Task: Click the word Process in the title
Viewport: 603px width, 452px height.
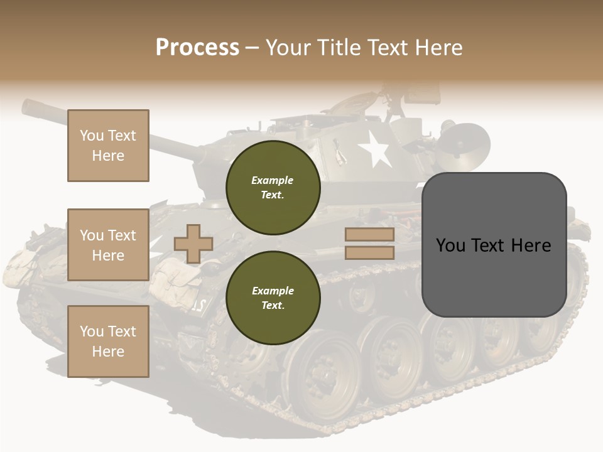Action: click(197, 48)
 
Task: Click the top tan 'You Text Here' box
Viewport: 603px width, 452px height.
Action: click(108, 146)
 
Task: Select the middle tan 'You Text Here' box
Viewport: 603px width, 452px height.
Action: click(108, 245)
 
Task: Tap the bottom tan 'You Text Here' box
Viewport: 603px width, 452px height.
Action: click(108, 342)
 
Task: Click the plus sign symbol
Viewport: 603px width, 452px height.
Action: click(193, 244)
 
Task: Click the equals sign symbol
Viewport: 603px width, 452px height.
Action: click(369, 244)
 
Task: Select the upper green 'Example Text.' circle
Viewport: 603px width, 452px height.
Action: click(273, 187)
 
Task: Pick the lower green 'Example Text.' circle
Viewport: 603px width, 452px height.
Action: click(273, 298)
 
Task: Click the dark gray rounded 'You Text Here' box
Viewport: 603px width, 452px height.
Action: click(494, 245)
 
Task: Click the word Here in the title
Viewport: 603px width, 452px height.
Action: click(439, 48)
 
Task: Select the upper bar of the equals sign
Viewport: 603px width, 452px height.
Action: click(369, 235)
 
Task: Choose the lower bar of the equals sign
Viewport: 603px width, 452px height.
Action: click(369, 252)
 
